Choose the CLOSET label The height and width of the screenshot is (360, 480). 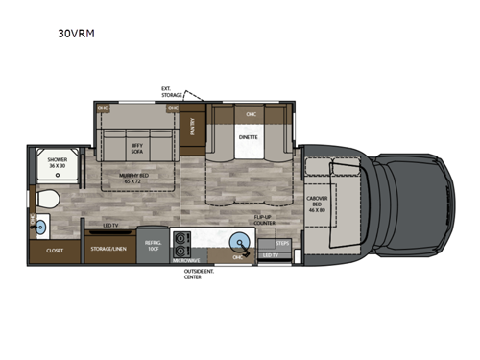[x=56, y=250]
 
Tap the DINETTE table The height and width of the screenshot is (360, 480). [x=250, y=137]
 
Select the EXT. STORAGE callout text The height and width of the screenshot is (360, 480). [x=174, y=92]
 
